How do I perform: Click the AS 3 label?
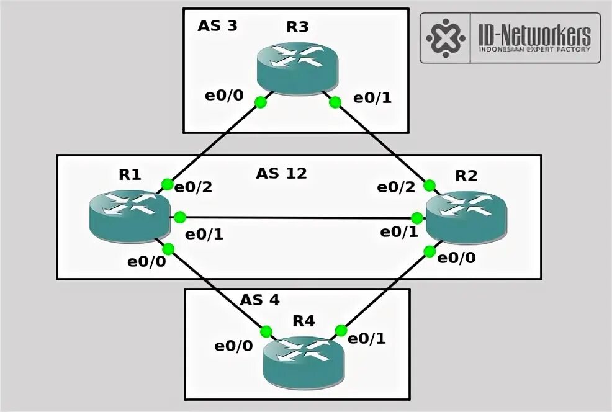217,26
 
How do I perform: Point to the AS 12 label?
281,174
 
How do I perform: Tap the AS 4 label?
260,300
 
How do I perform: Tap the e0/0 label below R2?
457,257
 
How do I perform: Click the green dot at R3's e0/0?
261,102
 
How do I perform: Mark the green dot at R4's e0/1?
340,330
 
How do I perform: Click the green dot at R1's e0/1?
180,217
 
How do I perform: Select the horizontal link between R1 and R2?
298,218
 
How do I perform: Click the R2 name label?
466,176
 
